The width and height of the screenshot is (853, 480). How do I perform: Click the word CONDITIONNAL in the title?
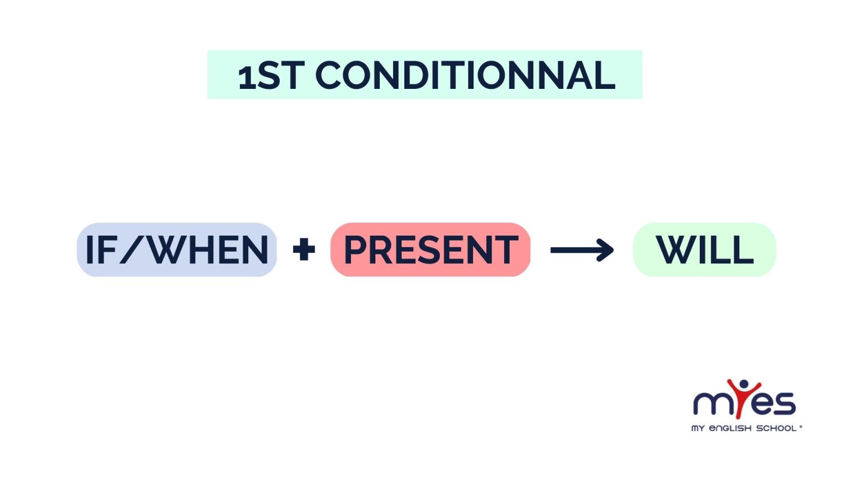[x=465, y=76]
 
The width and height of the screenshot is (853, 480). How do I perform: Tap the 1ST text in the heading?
[x=271, y=76]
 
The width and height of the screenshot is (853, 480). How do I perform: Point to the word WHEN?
[x=209, y=250]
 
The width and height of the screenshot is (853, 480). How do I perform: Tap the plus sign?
[x=304, y=250]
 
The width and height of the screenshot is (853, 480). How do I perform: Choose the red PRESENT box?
[x=430, y=250]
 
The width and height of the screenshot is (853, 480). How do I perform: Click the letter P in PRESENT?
[x=357, y=250]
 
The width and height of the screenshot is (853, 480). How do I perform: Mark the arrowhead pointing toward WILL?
[x=605, y=250]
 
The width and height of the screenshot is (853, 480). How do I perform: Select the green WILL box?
[x=704, y=250]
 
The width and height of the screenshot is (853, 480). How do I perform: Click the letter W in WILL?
[x=675, y=250]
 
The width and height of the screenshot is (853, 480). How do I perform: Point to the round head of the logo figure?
[x=744, y=384]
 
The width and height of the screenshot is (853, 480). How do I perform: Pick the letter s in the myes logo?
[x=785, y=403]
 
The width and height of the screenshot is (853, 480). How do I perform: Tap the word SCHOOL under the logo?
[x=776, y=428]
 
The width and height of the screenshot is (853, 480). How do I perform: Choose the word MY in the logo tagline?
[x=698, y=428]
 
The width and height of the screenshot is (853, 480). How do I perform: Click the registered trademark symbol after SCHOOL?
[x=800, y=427]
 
